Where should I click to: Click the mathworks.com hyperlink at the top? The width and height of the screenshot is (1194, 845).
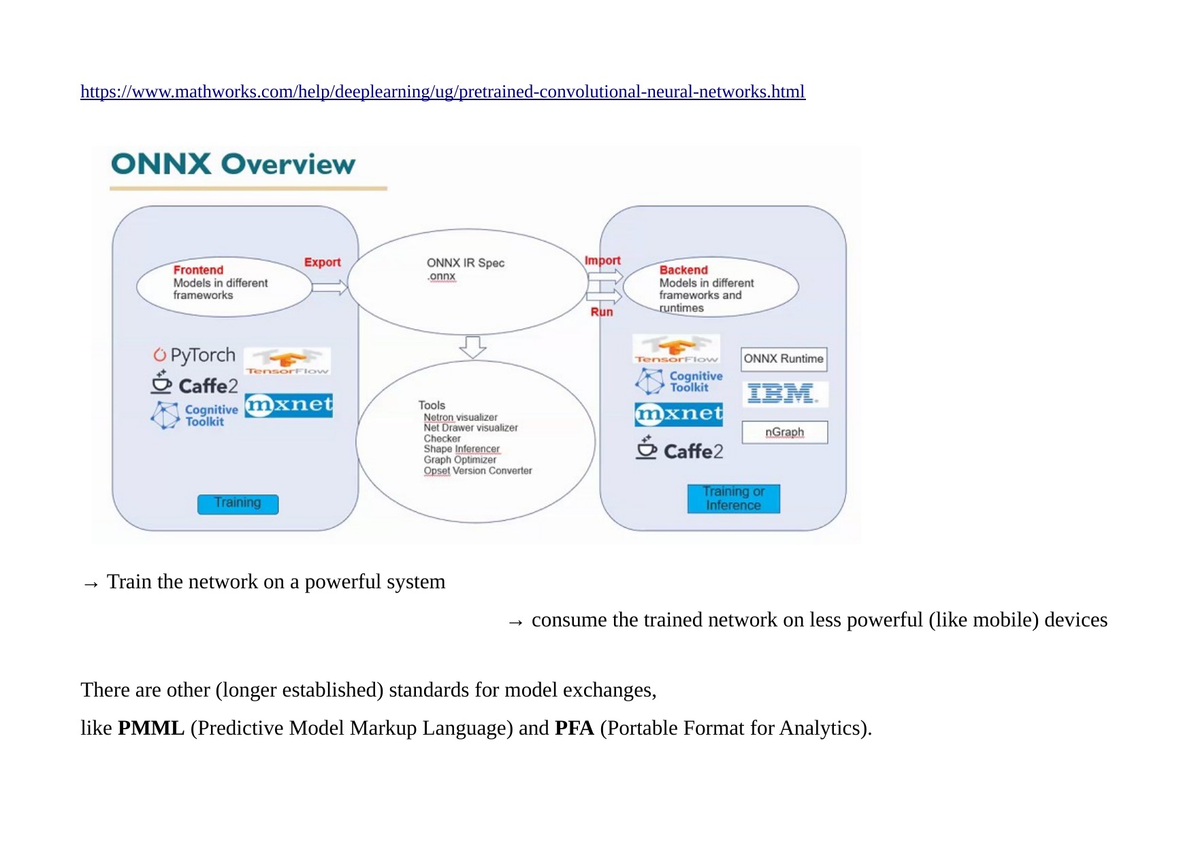[442, 92]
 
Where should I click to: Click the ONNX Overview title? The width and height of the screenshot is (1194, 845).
[233, 164]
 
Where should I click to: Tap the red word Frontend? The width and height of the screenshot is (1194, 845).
[198, 270]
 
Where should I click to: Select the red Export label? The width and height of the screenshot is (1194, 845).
[322, 262]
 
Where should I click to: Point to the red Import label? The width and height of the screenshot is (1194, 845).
[602, 260]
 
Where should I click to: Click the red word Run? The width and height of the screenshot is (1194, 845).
[602, 312]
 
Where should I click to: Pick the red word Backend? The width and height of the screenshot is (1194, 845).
[683, 270]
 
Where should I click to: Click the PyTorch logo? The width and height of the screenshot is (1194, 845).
[195, 355]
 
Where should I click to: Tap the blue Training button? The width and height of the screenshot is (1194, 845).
[238, 504]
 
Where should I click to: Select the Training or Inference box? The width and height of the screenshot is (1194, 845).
[733, 498]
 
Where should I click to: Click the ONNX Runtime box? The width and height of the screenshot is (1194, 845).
[784, 359]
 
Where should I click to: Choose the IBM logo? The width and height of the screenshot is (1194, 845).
[783, 394]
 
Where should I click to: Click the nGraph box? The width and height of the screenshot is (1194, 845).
[784, 432]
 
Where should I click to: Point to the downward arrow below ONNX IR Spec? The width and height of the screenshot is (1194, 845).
[472, 347]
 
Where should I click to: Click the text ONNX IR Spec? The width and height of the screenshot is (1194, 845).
[466, 263]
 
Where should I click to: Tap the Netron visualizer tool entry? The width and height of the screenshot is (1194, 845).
[460, 417]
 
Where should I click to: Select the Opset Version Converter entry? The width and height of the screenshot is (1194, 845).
[477, 471]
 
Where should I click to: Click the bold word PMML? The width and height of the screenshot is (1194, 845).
[151, 728]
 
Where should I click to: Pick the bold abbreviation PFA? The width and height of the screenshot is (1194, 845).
[574, 728]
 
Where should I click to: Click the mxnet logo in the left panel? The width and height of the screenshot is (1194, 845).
[289, 406]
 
